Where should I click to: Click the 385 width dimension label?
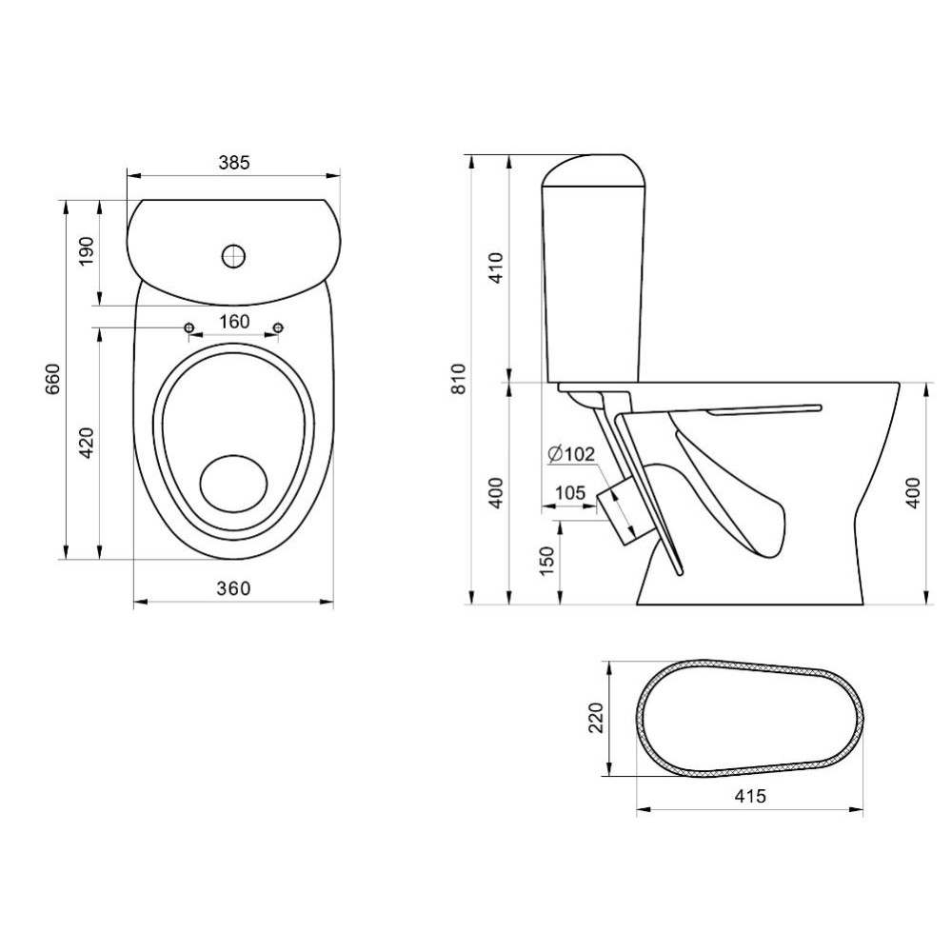pos(234,163)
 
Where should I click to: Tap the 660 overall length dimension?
pos(52,379)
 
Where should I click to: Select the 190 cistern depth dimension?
pos(87,250)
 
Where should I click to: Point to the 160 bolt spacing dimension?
pos(234,321)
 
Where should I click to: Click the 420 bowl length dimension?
pos(87,443)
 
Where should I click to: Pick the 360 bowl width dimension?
pos(234,588)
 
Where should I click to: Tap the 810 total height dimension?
pos(459,378)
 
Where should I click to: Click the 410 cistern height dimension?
pos(496,268)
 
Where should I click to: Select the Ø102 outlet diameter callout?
pos(570,453)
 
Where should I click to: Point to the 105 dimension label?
pos(570,492)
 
